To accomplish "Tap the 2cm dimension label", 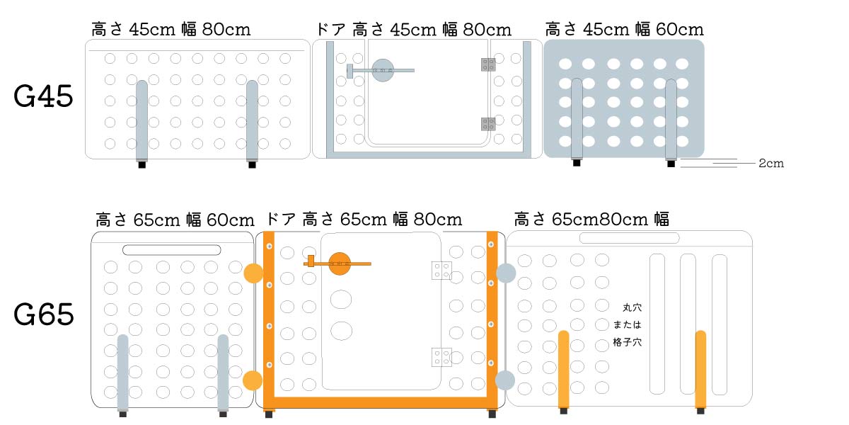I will (770, 164).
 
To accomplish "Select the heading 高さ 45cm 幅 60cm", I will (624, 30).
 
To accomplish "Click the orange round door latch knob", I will (340, 263).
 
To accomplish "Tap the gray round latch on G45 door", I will (382, 69).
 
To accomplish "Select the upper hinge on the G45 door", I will (488, 64).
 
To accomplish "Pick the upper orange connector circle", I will (253, 273).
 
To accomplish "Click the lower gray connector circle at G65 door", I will (505, 380).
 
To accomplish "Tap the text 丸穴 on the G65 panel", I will (632, 308).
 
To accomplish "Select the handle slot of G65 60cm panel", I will (171, 250).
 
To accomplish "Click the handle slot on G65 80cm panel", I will (629, 238).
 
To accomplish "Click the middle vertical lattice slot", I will (688, 324).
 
